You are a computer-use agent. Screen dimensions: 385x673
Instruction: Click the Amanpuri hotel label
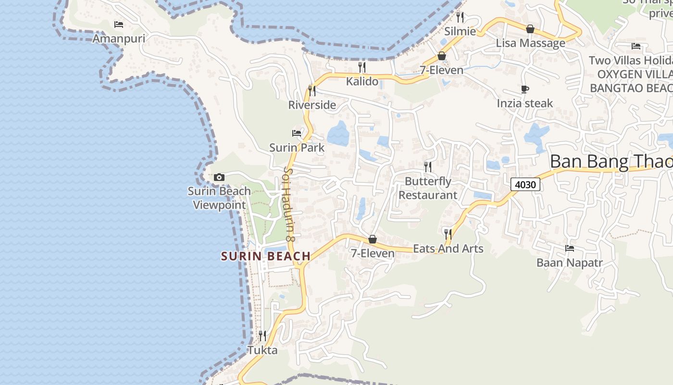click(x=119, y=38)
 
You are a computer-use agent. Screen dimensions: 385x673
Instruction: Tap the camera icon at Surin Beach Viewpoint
click(x=219, y=178)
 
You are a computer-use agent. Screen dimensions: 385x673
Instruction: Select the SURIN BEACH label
click(x=266, y=257)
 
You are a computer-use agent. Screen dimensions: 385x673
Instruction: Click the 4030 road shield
click(x=525, y=184)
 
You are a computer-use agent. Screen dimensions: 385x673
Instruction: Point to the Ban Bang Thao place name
click(x=611, y=162)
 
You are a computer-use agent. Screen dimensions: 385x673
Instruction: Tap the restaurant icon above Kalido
click(x=362, y=67)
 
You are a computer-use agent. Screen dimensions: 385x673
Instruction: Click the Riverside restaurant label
click(x=312, y=105)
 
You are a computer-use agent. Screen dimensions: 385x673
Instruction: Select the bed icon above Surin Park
click(x=297, y=133)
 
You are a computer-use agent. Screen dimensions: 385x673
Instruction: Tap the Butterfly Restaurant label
click(x=428, y=188)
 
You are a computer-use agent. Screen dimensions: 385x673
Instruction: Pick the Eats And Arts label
click(x=448, y=249)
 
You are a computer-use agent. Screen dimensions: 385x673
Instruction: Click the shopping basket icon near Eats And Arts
click(x=372, y=239)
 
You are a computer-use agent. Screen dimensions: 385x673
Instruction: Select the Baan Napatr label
click(x=569, y=263)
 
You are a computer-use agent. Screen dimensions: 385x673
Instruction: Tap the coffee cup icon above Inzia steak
click(x=525, y=89)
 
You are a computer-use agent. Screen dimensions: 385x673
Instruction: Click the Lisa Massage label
click(x=530, y=43)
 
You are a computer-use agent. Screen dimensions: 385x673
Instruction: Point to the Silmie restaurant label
click(x=460, y=32)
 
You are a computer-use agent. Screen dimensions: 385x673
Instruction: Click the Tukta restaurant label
click(x=262, y=350)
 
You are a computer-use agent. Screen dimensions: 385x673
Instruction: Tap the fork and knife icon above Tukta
click(x=262, y=335)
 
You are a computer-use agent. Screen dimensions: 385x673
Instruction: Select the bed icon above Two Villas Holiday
click(x=636, y=46)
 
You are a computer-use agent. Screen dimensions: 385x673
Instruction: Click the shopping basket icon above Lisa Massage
click(x=530, y=29)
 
